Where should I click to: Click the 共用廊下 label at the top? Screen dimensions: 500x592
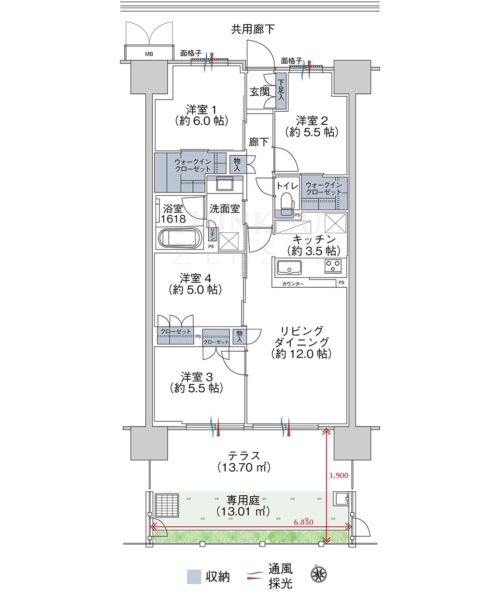253,29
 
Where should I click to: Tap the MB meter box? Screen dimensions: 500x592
149,54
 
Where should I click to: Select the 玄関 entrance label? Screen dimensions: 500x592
259,92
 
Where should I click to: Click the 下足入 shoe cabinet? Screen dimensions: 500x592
281,91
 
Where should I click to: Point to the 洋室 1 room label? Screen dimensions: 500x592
201,110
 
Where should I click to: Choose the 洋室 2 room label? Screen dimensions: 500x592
312,121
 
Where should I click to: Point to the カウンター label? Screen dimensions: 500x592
293,284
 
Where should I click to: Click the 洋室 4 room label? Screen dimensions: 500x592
195,278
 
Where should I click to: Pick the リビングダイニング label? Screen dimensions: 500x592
301,337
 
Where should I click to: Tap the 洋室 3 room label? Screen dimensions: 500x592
197,377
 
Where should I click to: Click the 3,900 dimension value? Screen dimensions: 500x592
339,475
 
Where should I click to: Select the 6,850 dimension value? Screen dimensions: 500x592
304,522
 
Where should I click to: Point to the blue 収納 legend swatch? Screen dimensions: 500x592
194,576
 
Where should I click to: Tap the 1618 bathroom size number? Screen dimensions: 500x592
173,219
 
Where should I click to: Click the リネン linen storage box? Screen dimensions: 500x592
213,235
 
